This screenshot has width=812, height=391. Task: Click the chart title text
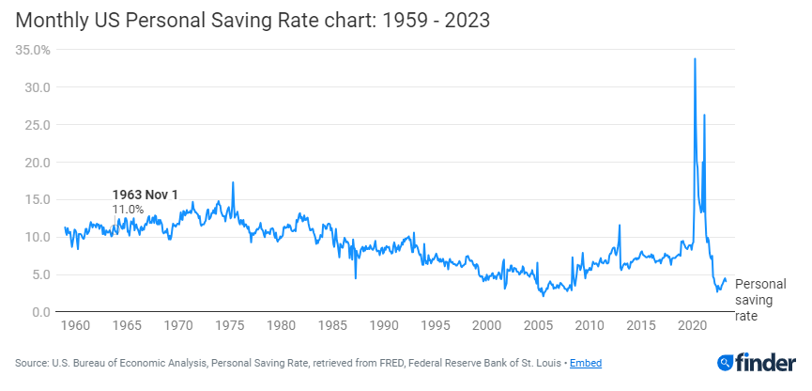click(252, 20)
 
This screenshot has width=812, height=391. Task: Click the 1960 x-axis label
click(75, 326)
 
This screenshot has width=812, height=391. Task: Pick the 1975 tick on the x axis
click(230, 326)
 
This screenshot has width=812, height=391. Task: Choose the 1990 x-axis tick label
click(384, 326)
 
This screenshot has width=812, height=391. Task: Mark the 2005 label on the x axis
click(538, 326)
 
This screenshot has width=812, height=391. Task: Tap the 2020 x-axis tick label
click(692, 326)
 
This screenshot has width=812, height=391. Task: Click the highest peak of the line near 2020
click(695, 59)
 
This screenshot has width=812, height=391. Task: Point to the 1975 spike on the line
click(233, 182)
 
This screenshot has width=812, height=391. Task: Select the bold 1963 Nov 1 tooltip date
click(145, 195)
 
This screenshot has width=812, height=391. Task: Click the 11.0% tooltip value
click(128, 209)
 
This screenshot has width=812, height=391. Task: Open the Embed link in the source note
click(586, 363)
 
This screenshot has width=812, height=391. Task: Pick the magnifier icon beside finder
click(727, 363)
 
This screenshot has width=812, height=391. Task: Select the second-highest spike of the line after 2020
click(704, 115)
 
